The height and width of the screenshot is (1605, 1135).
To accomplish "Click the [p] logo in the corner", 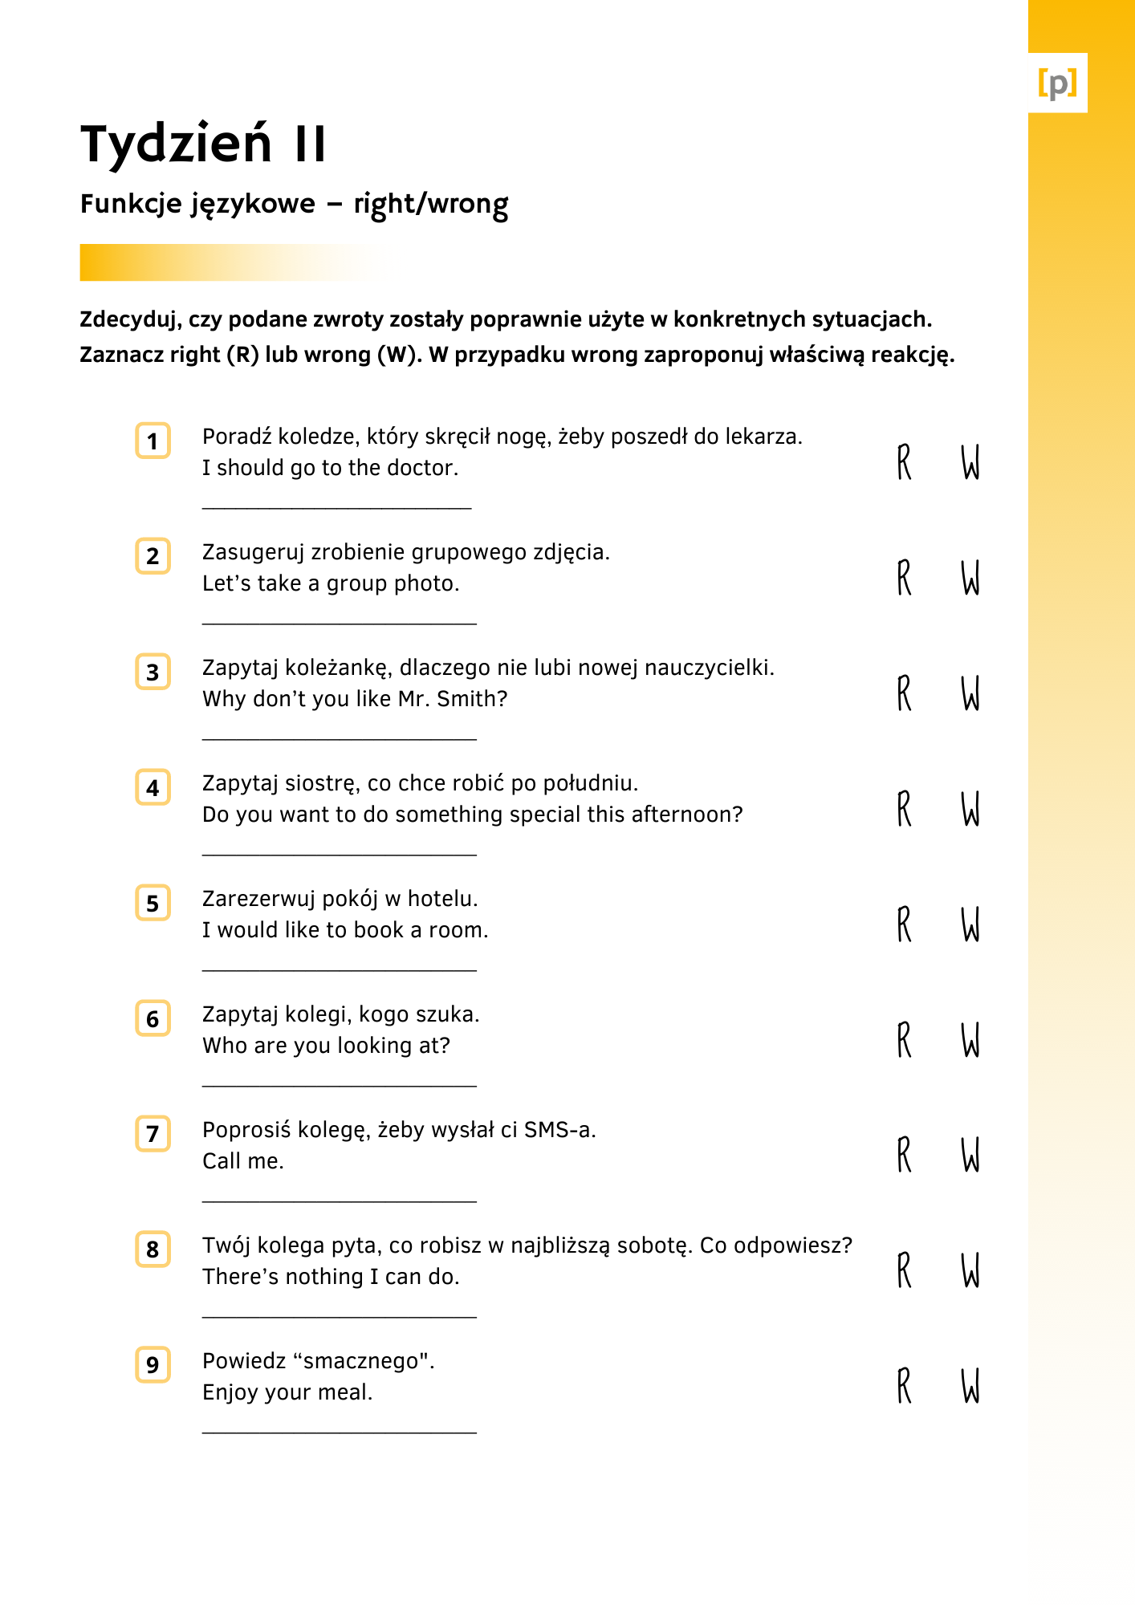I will pyautogui.click(x=1057, y=83).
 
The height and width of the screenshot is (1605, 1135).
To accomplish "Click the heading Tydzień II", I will pyautogui.click(x=204, y=144).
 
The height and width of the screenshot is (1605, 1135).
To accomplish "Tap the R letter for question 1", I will pyautogui.click(x=905, y=462).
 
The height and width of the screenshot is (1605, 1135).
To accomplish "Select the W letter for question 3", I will pyautogui.click(x=970, y=693).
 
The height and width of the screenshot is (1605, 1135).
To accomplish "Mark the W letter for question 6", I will pyautogui.click(x=970, y=1040).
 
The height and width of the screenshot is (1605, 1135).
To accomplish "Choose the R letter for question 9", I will pyautogui.click(x=905, y=1386).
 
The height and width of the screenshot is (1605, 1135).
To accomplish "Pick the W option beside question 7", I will pyautogui.click(x=970, y=1155).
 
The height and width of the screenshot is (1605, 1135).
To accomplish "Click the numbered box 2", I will pyautogui.click(x=153, y=556).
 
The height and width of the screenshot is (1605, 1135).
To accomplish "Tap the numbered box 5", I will pyautogui.click(x=153, y=903).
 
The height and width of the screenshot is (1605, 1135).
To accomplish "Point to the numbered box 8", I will pyautogui.click(x=153, y=1249).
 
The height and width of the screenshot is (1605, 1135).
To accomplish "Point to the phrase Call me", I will pyautogui.click(x=243, y=1161).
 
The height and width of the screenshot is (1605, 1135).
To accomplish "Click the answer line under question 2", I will pyautogui.click(x=339, y=624).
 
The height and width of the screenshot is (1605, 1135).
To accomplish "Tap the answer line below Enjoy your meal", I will pyautogui.click(x=339, y=1432).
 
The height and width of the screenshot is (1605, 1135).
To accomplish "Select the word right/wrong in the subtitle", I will pyautogui.click(x=430, y=205).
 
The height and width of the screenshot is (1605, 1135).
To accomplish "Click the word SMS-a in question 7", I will pyautogui.click(x=559, y=1130).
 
